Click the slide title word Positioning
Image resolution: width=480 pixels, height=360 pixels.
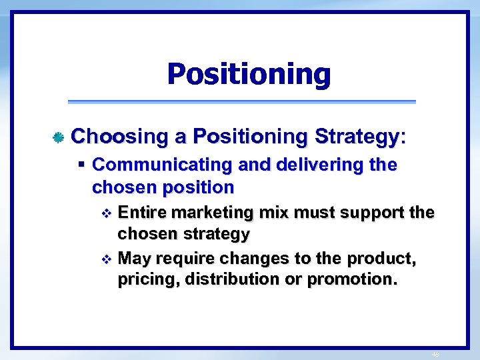pos(249,74)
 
